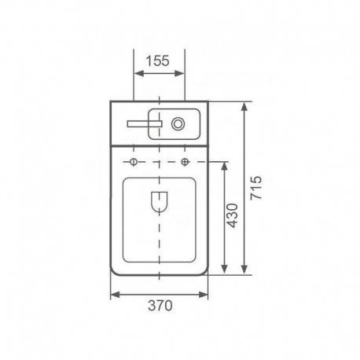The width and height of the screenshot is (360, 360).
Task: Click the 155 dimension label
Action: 157,61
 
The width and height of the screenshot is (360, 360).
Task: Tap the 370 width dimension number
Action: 160,305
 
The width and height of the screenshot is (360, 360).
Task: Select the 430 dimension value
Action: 232,215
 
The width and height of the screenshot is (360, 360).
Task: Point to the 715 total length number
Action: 255,188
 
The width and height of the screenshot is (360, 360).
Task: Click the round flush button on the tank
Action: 178,123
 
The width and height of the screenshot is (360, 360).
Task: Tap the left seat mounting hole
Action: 134,162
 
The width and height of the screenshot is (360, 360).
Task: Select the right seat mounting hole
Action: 186,162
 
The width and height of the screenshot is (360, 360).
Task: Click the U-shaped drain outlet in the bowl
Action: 160,201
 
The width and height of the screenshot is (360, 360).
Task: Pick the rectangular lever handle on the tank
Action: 145,123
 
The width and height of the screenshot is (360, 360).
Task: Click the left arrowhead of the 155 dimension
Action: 139,74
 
